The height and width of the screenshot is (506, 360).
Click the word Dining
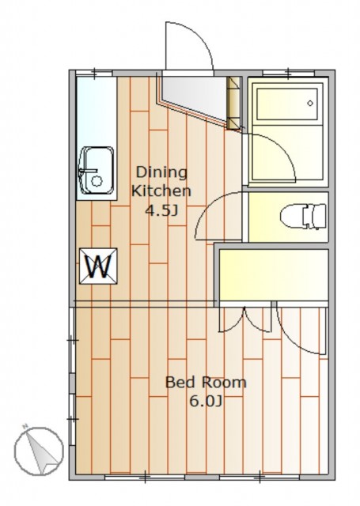(161, 172)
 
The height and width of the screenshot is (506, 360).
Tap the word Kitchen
(161, 191)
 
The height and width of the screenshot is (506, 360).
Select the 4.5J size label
(161, 211)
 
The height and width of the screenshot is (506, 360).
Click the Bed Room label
(206, 383)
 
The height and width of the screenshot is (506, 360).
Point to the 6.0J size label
(206, 402)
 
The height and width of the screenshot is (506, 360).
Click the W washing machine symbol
(98, 266)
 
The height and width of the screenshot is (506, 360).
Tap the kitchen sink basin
(96, 171)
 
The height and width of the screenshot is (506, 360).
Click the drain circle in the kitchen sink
(97, 181)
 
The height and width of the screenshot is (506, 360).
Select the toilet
(302, 216)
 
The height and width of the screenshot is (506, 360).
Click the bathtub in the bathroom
(287, 104)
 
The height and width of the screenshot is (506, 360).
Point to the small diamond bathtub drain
(310, 104)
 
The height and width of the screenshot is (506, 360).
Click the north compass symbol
(39, 451)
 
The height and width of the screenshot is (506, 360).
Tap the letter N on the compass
(25, 427)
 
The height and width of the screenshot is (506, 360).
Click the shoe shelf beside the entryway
(234, 103)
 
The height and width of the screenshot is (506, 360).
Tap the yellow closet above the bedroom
(274, 275)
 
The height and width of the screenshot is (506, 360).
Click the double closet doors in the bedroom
(244, 320)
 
